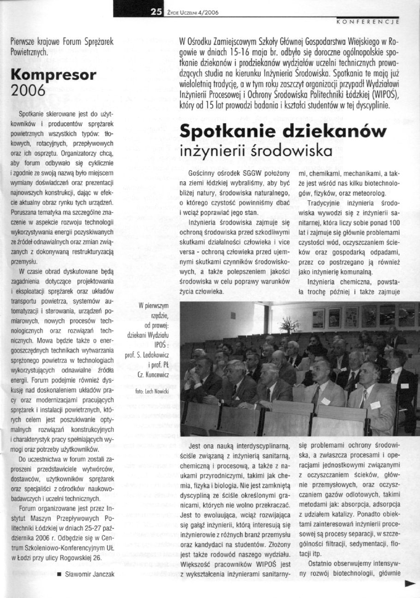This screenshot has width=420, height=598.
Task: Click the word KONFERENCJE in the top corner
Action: (x=367, y=22)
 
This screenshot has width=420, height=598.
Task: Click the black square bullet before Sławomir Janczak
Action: (x=59, y=574)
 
